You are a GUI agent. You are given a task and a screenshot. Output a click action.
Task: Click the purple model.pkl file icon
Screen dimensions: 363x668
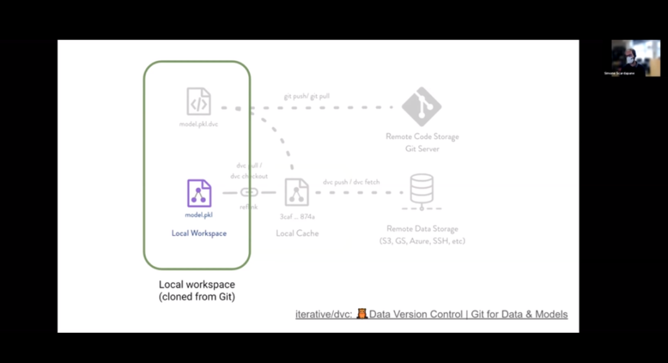pos(199,193)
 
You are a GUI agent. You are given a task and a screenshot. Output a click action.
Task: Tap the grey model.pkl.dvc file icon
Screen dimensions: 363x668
pos(199,102)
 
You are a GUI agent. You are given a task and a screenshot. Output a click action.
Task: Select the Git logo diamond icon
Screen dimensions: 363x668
pos(421,106)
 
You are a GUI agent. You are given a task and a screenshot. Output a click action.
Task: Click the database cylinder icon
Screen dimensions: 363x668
pos(422,189)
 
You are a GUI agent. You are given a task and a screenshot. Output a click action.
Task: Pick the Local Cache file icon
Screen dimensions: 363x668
pos(297,192)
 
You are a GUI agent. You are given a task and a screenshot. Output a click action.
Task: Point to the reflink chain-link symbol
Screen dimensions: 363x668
pos(249,192)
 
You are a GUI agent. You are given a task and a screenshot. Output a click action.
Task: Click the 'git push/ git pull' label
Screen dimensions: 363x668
pos(307,96)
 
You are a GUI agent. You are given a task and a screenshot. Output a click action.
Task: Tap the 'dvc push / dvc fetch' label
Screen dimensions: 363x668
pos(351,182)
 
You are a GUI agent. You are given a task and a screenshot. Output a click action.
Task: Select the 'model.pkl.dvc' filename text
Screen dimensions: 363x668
pos(199,124)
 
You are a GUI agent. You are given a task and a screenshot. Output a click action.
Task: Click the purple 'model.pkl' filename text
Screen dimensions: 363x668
pos(199,215)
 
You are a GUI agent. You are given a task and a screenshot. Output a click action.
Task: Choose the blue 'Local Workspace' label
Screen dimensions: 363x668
pos(199,233)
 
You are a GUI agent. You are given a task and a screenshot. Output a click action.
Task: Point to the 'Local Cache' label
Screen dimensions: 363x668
pos(297,233)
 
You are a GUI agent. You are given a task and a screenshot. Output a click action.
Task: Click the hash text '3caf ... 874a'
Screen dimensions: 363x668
pos(298,217)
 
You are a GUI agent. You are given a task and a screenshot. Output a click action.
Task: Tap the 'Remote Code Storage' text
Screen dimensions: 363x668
pos(422,136)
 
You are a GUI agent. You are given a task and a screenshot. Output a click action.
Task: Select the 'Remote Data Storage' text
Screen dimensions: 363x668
pos(422,229)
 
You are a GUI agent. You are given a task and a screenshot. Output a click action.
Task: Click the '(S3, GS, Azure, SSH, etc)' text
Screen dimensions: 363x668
pos(422,241)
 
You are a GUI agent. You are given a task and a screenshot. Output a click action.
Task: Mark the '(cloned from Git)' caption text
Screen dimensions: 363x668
pos(197,297)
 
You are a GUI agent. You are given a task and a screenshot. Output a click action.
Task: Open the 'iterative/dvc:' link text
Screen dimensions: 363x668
pos(324,314)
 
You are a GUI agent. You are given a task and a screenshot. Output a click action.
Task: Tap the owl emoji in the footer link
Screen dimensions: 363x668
pos(362,314)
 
